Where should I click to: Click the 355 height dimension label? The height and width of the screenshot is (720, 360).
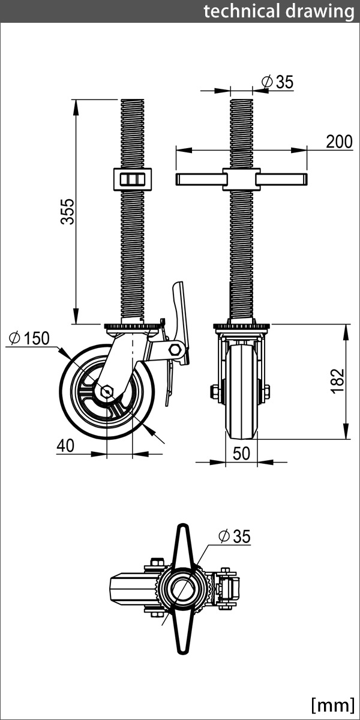tap(67, 211)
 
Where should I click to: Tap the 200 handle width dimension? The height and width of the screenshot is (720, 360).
tap(340, 142)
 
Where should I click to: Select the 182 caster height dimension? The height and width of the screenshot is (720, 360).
tap(337, 381)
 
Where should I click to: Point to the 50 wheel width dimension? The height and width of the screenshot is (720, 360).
tap(241, 453)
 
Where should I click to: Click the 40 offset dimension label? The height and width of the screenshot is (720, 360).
tap(65, 445)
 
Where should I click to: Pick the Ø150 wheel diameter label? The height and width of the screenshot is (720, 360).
tap(29, 338)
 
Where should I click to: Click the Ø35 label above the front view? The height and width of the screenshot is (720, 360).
tap(278, 82)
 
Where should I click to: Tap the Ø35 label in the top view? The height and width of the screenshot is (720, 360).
tap(235, 536)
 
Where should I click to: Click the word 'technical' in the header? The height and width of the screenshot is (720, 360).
tap(242, 11)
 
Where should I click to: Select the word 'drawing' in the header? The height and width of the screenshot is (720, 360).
tap(320, 12)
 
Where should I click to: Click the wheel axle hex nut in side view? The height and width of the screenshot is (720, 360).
tap(106, 391)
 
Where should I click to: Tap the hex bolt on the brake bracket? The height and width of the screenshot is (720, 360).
tap(174, 349)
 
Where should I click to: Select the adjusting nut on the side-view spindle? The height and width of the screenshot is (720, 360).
tap(133, 179)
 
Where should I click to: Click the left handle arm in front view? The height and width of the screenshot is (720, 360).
tap(200, 179)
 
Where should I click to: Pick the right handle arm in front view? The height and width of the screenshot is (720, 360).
tap(282, 179)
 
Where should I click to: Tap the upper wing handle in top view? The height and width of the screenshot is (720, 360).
tap(182, 546)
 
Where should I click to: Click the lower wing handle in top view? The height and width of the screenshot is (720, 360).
tap(183, 629)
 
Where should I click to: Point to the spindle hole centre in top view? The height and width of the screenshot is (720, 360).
tap(182, 587)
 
